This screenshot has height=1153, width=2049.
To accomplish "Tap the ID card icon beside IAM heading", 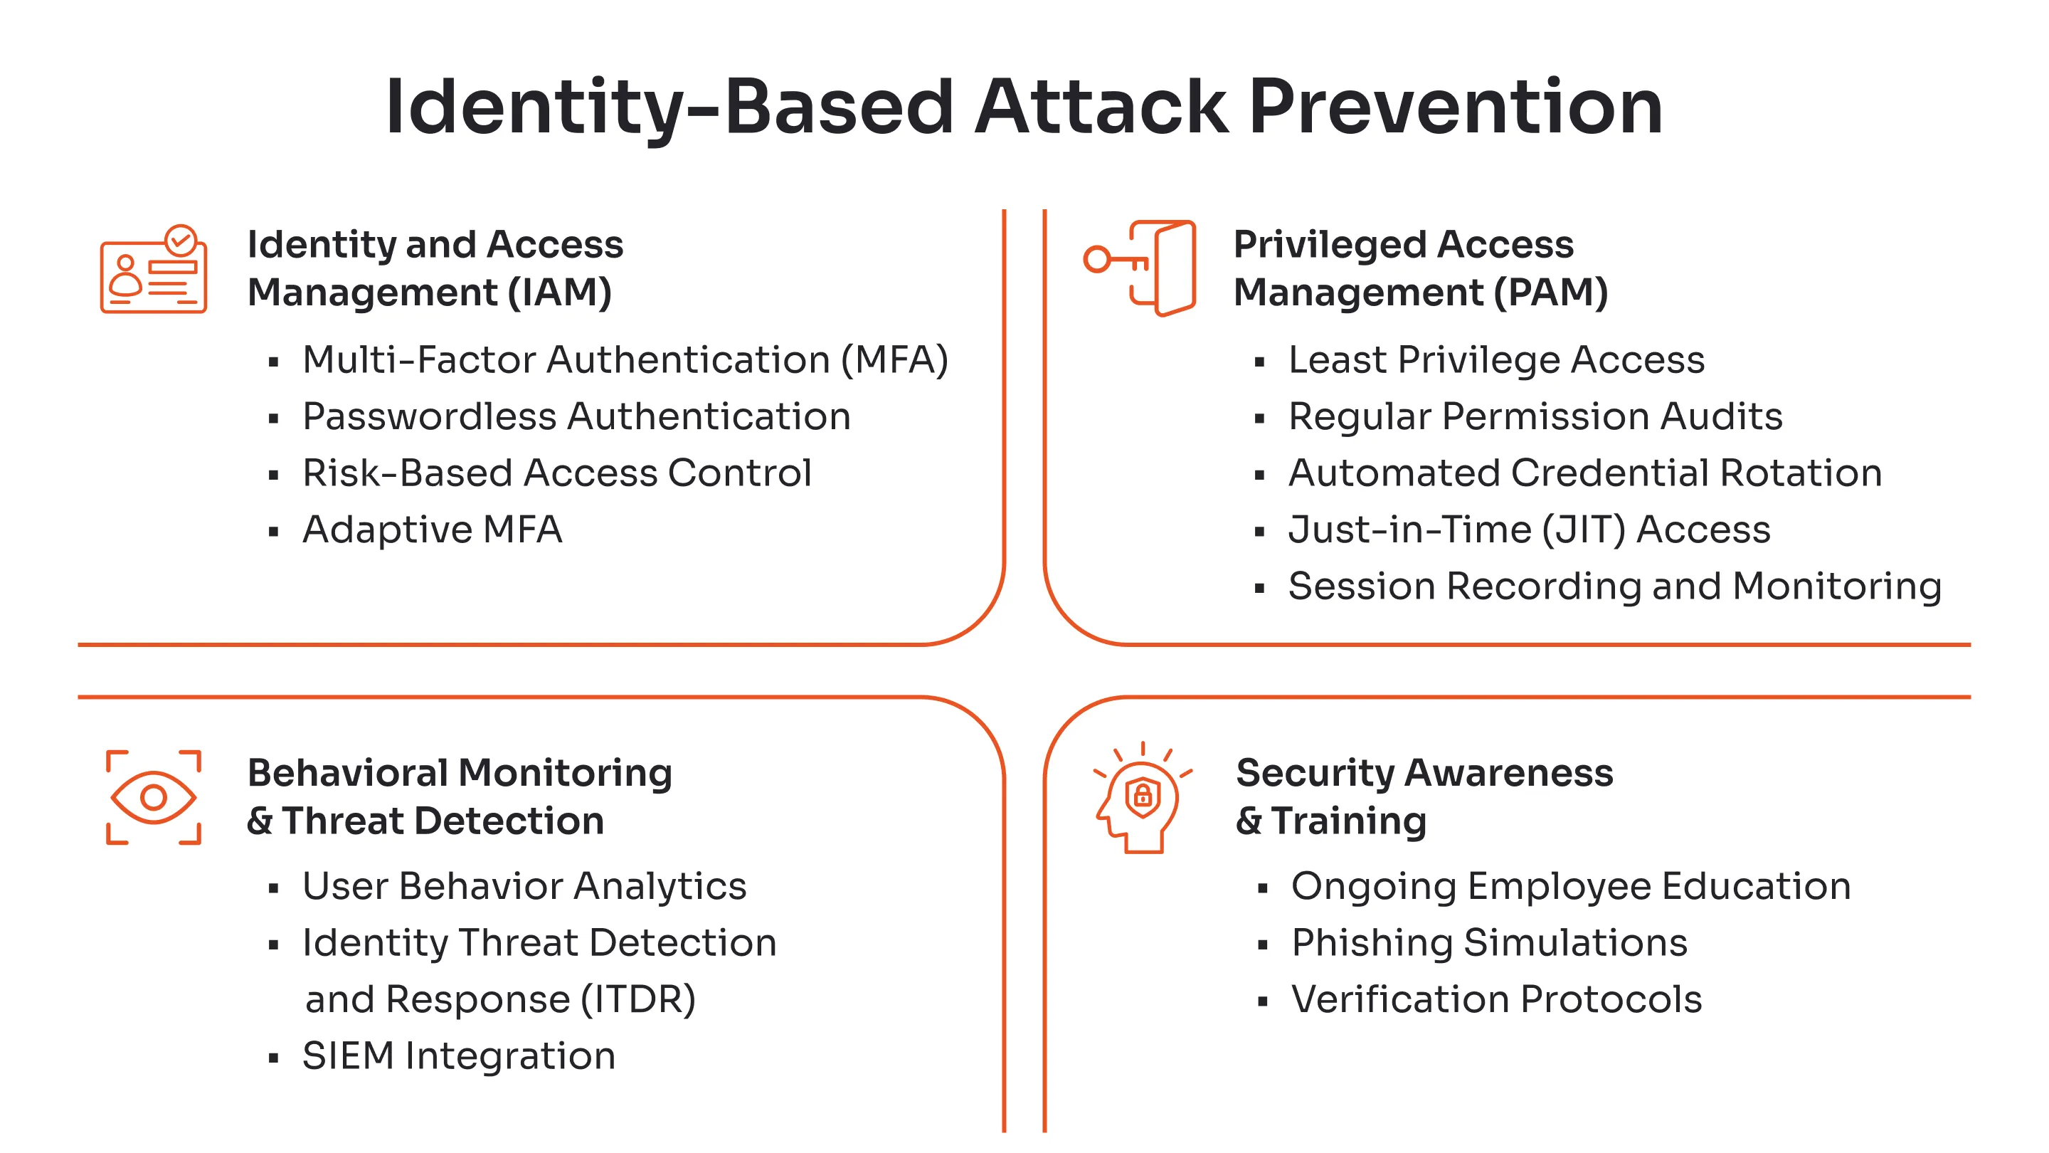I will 153,270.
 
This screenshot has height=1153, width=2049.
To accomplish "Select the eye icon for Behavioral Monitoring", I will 153,796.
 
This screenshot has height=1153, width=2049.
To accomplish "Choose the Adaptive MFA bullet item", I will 432,529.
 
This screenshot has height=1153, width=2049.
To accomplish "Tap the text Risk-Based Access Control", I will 557,473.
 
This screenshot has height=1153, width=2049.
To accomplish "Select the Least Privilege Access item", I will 1495,359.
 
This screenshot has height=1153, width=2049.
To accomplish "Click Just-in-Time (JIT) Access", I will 1529,529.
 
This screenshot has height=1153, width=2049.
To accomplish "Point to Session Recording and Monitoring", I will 1615,586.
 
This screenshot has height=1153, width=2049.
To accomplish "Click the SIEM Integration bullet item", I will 459,1056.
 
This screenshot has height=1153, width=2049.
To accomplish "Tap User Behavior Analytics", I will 524,885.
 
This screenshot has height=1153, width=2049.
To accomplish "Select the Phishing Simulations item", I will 1488,943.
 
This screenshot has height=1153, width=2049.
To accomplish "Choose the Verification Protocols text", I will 1495,999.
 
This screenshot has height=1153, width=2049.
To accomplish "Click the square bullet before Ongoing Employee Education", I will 1262,889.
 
